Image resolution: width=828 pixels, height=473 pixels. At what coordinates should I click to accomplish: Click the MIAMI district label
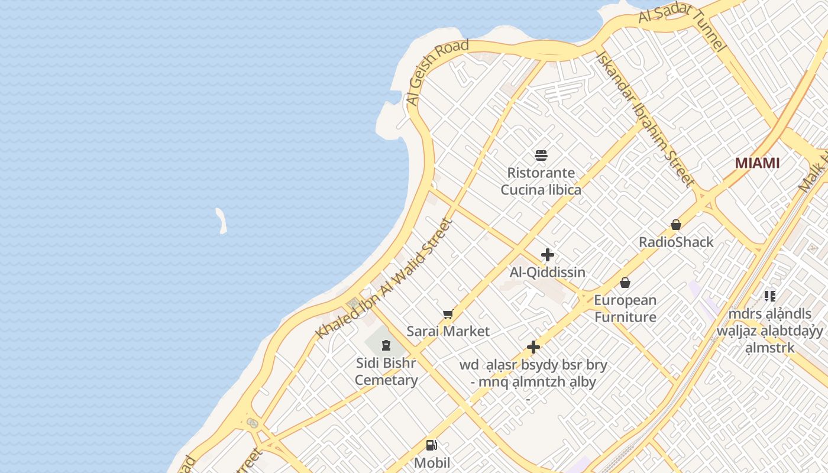pyautogui.click(x=757, y=163)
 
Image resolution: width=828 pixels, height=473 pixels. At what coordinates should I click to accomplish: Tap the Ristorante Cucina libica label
pyautogui.click(x=541, y=182)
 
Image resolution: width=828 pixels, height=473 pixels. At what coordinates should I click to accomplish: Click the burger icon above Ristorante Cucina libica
pyautogui.click(x=541, y=155)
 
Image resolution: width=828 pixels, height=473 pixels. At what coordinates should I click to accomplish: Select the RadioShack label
pyautogui.click(x=676, y=242)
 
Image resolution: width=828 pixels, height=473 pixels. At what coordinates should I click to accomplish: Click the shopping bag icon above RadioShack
pyautogui.click(x=676, y=225)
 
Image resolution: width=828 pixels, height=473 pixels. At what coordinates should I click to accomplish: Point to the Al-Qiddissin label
pyautogui.click(x=548, y=272)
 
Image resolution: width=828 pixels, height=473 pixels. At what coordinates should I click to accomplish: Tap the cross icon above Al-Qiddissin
pyautogui.click(x=548, y=255)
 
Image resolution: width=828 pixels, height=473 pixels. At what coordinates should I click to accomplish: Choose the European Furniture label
pyautogui.click(x=625, y=309)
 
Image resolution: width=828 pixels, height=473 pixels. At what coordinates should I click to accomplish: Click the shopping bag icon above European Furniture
pyautogui.click(x=625, y=283)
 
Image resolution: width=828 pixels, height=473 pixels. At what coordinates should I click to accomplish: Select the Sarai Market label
pyautogui.click(x=448, y=331)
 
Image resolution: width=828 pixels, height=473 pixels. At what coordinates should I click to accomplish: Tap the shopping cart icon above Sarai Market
pyautogui.click(x=448, y=315)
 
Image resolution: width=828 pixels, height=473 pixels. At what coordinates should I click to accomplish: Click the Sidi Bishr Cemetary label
pyautogui.click(x=386, y=371)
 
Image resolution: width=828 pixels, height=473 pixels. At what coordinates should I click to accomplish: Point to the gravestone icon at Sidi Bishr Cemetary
pyautogui.click(x=386, y=345)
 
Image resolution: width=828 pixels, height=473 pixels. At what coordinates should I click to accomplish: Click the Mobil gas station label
pyautogui.click(x=432, y=462)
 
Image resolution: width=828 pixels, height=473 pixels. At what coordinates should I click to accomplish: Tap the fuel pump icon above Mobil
pyautogui.click(x=432, y=445)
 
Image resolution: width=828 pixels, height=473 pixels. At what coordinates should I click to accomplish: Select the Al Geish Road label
pyautogui.click(x=438, y=72)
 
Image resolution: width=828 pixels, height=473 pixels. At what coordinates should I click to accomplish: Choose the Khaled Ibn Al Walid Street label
pyautogui.click(x=384, y=279)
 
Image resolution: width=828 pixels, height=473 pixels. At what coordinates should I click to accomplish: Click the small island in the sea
pyautogui.click(x=221, y=220)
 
